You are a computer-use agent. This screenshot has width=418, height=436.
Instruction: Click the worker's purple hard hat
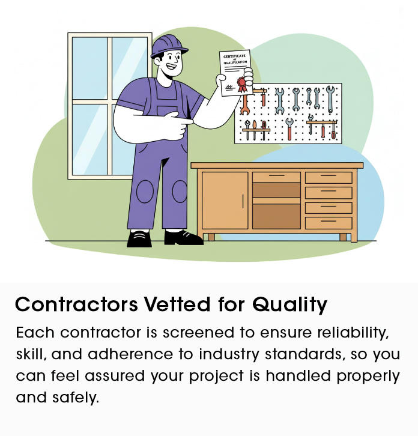pos(165,46)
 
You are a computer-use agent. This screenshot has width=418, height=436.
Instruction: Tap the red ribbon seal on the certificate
pos(242,83)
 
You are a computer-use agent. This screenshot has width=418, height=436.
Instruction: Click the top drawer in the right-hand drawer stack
pos(328,177)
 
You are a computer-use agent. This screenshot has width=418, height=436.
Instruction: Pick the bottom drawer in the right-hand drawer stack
pos(328,223)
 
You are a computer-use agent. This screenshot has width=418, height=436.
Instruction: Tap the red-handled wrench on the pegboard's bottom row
pos(289,129)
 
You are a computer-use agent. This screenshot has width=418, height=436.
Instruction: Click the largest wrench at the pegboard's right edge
pos(329,100)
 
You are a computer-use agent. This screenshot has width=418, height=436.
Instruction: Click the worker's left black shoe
pos(139,238)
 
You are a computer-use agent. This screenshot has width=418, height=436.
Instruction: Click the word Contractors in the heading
pos(76,304)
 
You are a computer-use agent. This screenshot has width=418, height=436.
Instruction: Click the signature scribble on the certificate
pos(229,88)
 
